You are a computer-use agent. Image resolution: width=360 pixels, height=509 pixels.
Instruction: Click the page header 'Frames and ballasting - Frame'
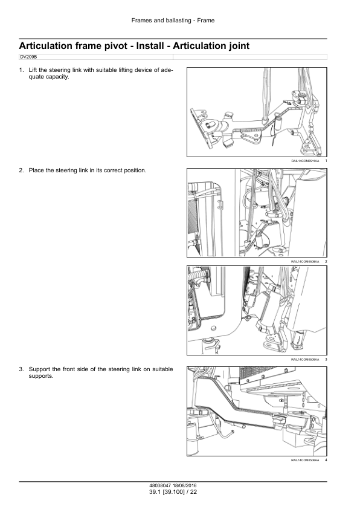coord(173,21)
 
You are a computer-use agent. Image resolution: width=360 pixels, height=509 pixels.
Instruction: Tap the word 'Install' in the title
coord(150,46)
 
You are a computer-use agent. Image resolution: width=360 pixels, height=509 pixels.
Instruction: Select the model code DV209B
coord(28,57)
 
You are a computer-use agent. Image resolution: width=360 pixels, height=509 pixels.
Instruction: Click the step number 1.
coord(21,70)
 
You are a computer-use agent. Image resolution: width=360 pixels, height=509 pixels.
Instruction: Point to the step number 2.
coord(21,170)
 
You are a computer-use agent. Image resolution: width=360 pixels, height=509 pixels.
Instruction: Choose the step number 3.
coord(21,369)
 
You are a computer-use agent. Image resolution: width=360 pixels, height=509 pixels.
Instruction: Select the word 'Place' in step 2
coord(36,170)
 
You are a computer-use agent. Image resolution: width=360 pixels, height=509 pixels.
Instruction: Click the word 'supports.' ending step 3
coord(41,377)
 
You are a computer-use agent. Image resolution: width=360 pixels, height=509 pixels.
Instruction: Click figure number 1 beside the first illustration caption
coord(326,161)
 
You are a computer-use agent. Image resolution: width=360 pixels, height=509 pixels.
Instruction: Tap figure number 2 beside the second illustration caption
coord(326,262)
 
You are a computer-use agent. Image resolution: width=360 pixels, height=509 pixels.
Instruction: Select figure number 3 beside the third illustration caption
coord(326,360)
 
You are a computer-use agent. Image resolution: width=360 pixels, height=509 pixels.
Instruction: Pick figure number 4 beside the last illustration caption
coord(326,460)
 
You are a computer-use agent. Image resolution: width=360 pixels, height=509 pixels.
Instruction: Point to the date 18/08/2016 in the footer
coord(185,486)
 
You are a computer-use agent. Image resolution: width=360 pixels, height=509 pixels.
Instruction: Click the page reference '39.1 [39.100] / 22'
coord(173,492)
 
